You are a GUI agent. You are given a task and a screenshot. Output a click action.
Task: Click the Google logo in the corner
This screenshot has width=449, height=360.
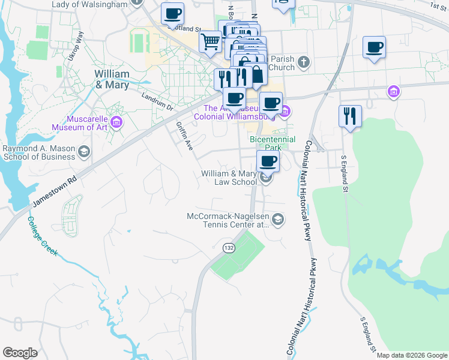[x=20, y=353]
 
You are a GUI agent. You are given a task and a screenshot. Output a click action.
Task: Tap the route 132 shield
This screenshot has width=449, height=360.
[x=229, y=248]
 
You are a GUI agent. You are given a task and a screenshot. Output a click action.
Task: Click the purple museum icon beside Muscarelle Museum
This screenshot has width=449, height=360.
[x=117, y=123]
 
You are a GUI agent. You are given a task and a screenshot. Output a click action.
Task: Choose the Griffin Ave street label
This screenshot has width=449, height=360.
[x=184, y=137]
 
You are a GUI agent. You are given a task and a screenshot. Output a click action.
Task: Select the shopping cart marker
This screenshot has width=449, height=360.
[x=210, y=42]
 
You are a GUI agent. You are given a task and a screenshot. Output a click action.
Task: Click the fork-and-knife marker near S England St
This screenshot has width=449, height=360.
[x=350, y=116]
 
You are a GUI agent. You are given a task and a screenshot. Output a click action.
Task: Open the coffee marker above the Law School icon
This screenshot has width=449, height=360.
[x=268, y=161]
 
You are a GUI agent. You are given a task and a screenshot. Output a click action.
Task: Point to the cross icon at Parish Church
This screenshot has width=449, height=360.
[x=304, y=62]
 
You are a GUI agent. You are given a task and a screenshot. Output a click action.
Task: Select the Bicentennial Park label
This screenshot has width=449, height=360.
[x=274, y=143]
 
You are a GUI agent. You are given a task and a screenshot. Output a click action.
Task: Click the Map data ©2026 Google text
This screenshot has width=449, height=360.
[x=412, y=355]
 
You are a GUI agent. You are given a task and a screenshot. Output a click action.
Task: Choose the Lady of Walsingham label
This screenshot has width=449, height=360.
[x=90, y=4]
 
